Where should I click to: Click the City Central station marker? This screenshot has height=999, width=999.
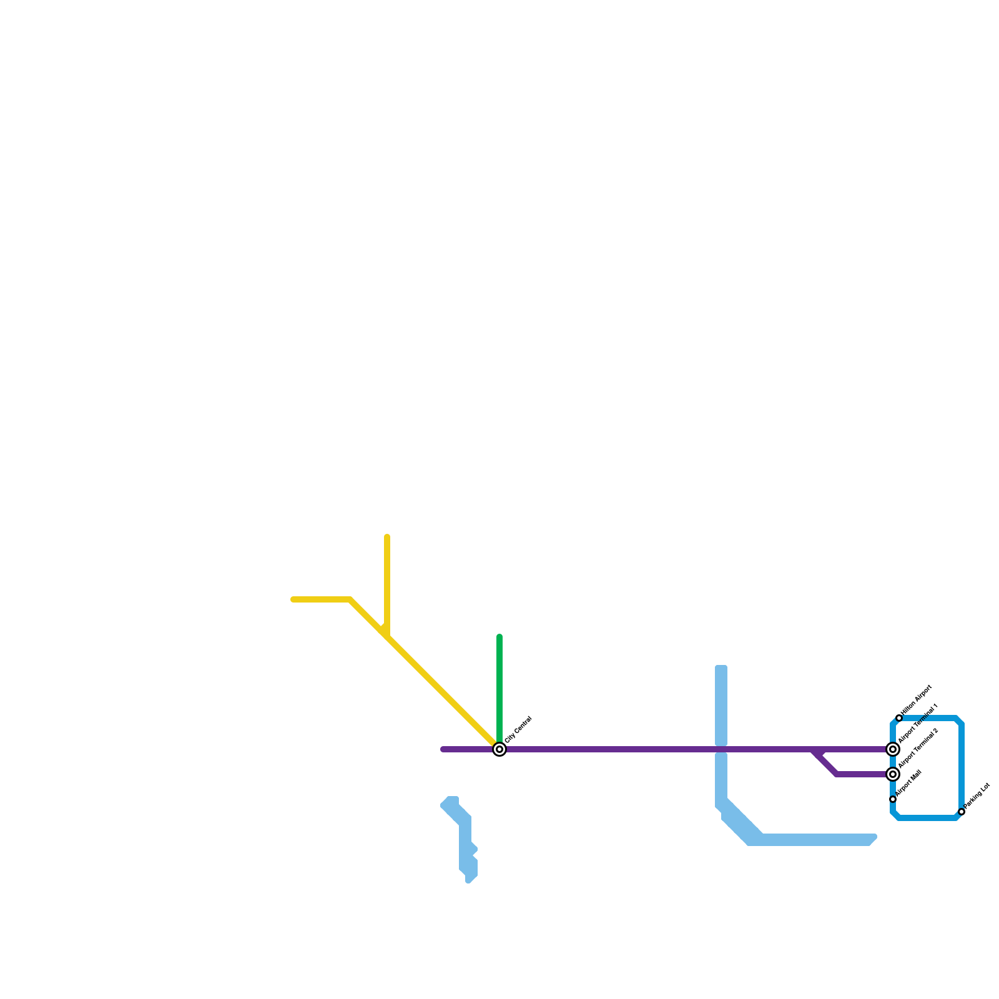tap(499, 749)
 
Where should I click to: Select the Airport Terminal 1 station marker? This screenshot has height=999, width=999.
tap(893, 749)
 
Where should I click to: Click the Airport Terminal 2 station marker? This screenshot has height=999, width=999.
tap(893, 774)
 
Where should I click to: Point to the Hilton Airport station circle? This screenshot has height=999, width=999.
tap(899, 718)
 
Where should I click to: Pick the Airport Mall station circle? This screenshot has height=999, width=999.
tap(893, 799)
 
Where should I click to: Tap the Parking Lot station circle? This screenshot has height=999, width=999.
tap(962, 812)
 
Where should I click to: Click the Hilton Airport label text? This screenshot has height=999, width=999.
tap(917, 700)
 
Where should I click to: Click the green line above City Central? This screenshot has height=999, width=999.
tap(499, 687)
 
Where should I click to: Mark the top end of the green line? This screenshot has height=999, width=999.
tap(499, 637)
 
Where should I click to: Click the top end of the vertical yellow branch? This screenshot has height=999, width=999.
tap(387, 538)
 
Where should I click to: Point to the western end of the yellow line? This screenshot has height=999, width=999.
tap(293, 599)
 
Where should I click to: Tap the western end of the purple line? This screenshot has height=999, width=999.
tap(443, 749)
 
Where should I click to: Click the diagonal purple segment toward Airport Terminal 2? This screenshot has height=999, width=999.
tap(826, 764)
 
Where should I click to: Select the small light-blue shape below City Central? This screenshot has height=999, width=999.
tap(465, 837)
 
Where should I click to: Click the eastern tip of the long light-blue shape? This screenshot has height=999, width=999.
tap(874, 837)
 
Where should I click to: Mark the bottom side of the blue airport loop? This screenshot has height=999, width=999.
tap(927, 818)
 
